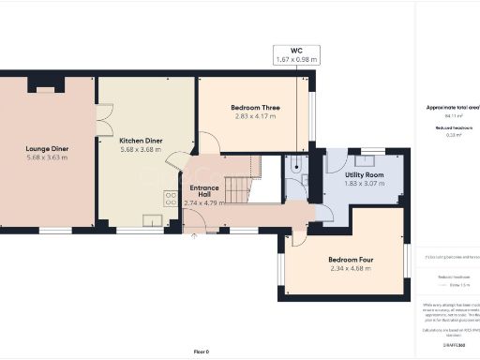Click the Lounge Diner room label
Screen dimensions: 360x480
tap(48, 148)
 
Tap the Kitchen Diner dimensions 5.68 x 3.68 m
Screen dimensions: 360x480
tap(142, 149)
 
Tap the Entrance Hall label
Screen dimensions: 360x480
tap(202, 191)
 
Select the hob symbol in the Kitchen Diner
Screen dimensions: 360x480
tap(172, 198)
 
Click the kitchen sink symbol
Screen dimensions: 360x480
tap(152, 220)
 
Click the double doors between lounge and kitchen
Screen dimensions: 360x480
tap(98, 124)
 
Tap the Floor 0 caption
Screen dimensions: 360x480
tap(202, 351)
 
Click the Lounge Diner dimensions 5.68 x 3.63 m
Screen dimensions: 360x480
tap(48, 157)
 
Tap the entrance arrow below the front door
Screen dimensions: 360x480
tap(194, 236)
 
